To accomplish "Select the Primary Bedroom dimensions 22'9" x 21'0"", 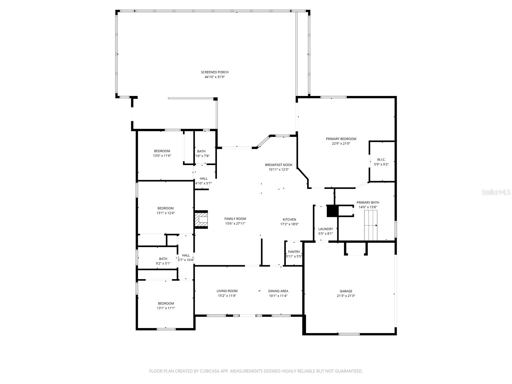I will pos(341,144).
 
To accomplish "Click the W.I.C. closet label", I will pos(381,159).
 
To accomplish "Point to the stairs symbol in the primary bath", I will pos(371,225).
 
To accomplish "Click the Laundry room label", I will pos(325,229).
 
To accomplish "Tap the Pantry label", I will pos(294,252).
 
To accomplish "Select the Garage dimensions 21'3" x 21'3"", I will pos(346,296).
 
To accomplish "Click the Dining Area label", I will pos(278,291).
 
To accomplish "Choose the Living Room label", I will pos(227,291).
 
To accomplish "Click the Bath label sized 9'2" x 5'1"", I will pos(163,259).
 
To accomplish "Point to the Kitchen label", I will pos(289,220).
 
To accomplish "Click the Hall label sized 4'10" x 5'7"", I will pos(204,179).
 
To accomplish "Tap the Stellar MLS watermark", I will pos(496,192).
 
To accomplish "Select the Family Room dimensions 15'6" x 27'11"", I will pos(235,224).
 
